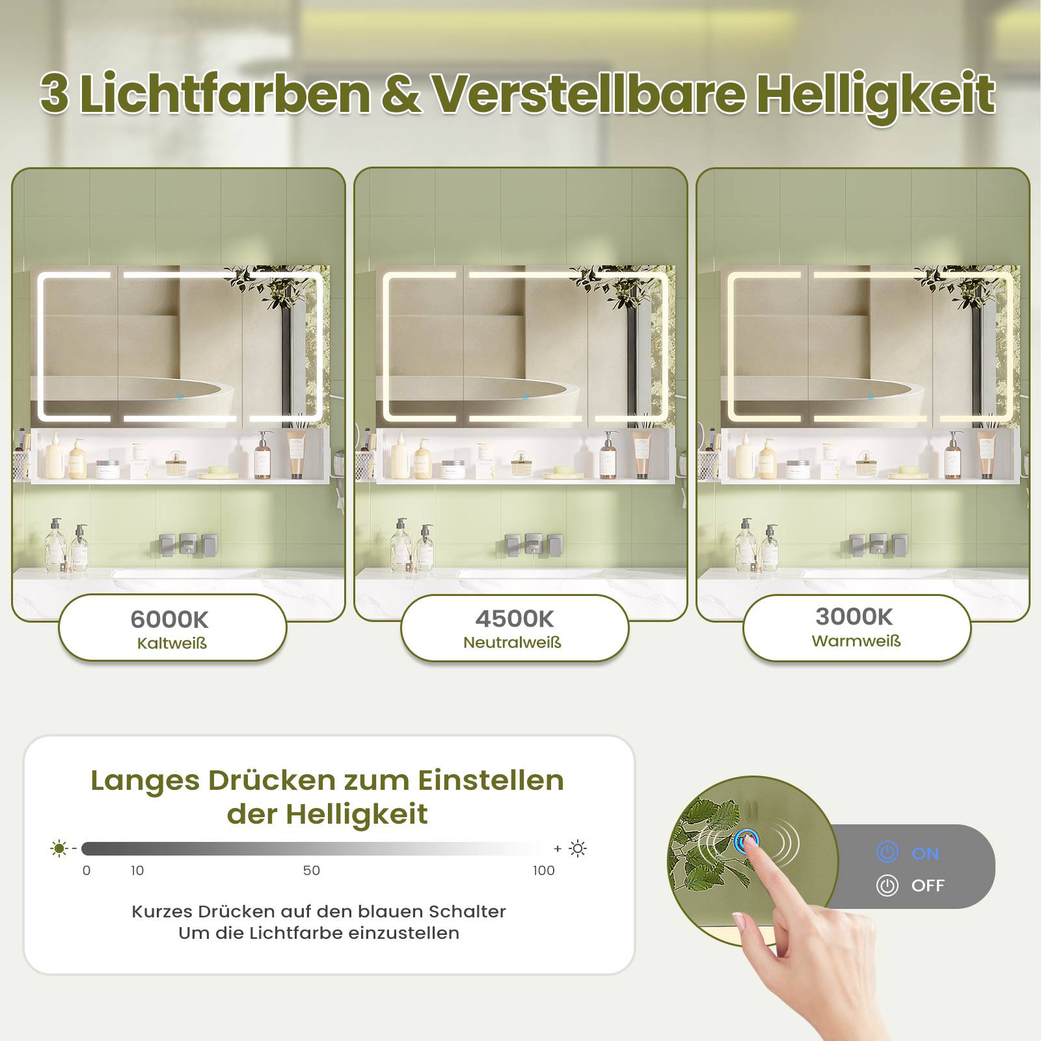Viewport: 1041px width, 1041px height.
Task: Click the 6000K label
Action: (x=169, y=619)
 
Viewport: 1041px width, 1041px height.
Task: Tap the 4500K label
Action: (x=514, y=619)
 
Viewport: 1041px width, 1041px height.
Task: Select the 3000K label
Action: (x=854, y=616)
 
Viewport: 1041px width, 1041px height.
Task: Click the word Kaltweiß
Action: (x=172, y=643)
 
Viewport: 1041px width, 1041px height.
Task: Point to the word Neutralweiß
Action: (x=512, y=643)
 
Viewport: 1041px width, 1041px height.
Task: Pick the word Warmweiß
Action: (x=856, y=641)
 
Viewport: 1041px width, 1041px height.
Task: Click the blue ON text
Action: (x=925, y=854)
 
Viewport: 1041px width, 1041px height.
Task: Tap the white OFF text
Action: (x=928, y=886)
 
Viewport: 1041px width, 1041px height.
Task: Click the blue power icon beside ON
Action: (x=887, y=852)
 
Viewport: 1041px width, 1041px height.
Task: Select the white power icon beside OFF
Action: (x=887, y=886)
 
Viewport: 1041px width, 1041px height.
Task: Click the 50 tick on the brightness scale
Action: (x=312, y=871)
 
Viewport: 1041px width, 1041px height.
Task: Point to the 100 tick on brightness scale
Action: (x=544, y=871)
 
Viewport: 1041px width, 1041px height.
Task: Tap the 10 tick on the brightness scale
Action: (x=137, y=871)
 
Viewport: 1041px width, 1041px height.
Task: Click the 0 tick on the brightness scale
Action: (x=87, y=871)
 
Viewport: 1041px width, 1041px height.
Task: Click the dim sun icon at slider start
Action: (x=59, y=848)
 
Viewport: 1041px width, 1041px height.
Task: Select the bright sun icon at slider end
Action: (x=578, y=848)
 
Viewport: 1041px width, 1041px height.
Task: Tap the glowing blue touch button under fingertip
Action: (x=746, y=841)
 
